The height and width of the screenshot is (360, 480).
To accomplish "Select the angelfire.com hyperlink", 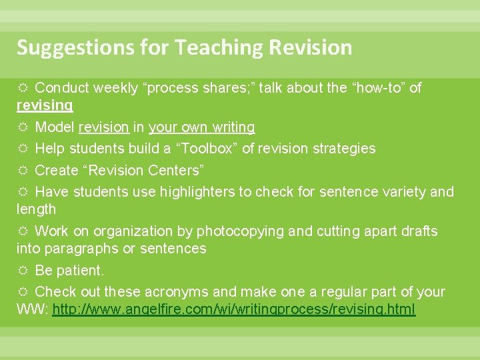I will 233,310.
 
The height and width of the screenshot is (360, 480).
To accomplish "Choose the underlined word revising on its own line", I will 45,105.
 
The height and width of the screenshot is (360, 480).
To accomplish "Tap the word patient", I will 81,271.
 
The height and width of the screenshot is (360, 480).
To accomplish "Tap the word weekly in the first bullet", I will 115,88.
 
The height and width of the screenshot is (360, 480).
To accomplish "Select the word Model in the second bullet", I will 55,127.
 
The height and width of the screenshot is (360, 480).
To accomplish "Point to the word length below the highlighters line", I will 37,209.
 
